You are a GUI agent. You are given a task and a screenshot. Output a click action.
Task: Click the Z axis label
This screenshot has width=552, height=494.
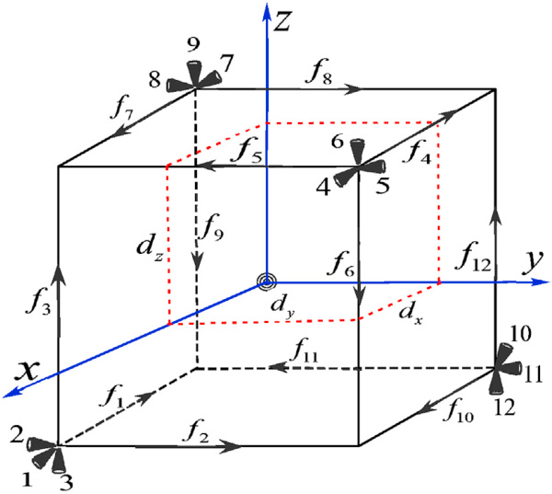coord(282,22)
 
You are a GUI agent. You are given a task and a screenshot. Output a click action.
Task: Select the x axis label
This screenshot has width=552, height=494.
coord(26,372)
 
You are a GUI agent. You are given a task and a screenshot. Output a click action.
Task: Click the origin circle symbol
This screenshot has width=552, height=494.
coord(267,281)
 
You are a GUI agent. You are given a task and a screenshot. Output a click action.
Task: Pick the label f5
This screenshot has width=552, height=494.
coord(248,151)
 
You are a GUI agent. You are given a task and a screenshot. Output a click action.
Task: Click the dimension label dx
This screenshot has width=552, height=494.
coord(410,314)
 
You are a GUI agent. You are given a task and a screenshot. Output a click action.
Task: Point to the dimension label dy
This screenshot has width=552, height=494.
coord(282,305)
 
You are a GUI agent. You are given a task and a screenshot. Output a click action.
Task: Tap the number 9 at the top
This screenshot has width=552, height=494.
coord(193,45)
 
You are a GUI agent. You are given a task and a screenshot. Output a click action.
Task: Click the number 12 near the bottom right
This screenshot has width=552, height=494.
coord(505,407)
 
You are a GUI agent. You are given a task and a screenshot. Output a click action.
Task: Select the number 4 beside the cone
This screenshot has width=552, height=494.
coord(324,188)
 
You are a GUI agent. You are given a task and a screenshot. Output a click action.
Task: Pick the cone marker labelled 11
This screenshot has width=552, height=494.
coord(511,368)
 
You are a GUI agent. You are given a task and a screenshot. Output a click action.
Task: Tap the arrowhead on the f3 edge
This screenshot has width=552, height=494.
coord(59,274)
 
